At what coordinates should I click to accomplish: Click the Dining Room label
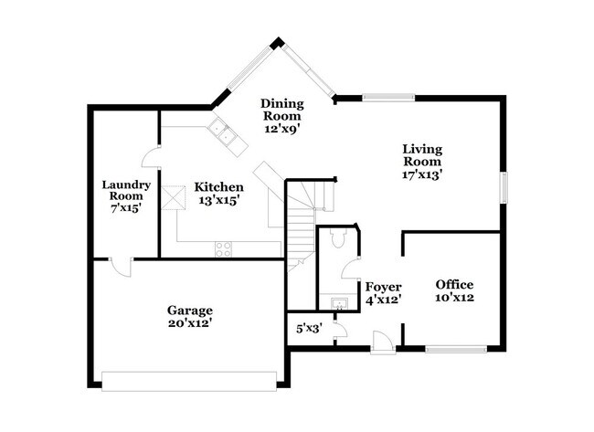point(282,110)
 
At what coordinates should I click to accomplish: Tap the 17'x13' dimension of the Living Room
point(422,174)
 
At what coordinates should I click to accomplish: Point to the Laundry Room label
point(125,189)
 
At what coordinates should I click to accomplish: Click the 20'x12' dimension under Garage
point(190,322)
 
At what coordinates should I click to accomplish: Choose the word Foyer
point(383,286)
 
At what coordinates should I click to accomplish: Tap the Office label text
point(453,284)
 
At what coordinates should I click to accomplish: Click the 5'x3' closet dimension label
point(308,326)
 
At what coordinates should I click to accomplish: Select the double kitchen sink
point(226,134)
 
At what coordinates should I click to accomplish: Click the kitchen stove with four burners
point(223,248)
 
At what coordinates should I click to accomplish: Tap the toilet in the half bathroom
point(335,239)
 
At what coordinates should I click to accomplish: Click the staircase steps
point(301,228)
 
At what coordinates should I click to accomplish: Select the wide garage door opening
point(189,380)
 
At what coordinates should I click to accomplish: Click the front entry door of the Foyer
point(383,343)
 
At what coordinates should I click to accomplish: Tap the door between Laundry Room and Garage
point(120,266)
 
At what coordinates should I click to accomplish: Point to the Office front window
point(456,348)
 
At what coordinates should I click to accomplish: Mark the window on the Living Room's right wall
point(503,187)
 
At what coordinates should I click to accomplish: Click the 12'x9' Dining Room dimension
point(282,129)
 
